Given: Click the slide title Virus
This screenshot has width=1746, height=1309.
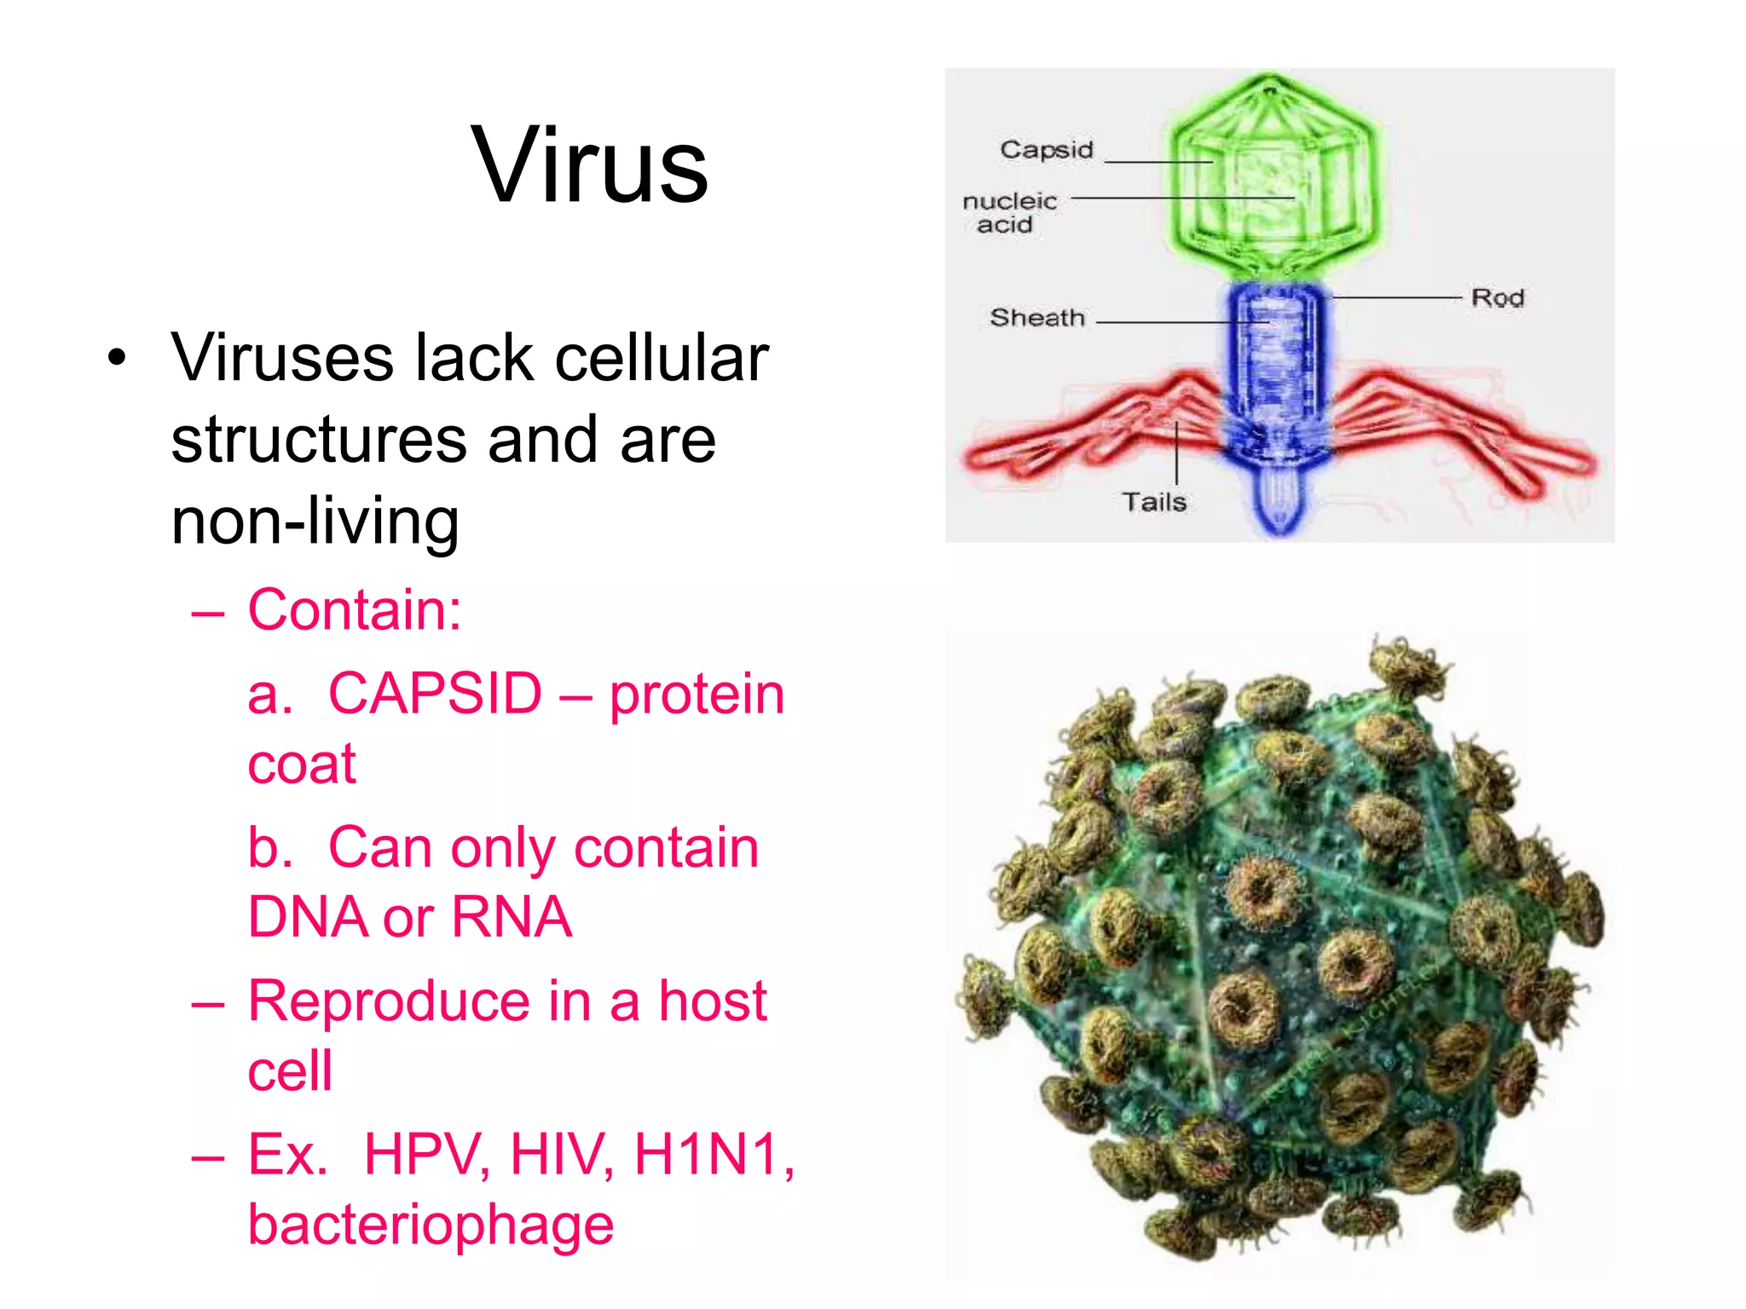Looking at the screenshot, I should pos(589,165).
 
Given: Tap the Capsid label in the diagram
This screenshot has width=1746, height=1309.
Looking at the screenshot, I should pos(1046,150).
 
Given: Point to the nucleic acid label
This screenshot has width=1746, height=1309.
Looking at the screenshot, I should pos(1009,213).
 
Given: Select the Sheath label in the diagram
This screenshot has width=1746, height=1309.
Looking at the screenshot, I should pos(1037,318).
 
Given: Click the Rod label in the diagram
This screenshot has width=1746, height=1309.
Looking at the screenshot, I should pos(1497,298).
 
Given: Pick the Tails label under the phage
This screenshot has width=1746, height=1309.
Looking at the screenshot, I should pos(1153,502).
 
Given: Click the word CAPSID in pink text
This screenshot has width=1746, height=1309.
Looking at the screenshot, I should pos(435,694).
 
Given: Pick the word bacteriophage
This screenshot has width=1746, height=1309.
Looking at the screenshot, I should pos(431,1225).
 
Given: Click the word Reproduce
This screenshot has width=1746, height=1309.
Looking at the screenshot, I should pos(389,1001).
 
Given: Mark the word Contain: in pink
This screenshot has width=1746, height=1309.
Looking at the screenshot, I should pos(355,611).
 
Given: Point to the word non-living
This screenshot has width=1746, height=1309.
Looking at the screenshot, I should pos(315,521).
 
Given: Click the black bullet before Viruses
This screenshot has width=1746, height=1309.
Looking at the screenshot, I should pos(117,358).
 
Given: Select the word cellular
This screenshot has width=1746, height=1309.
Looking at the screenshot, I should pos(662,358).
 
